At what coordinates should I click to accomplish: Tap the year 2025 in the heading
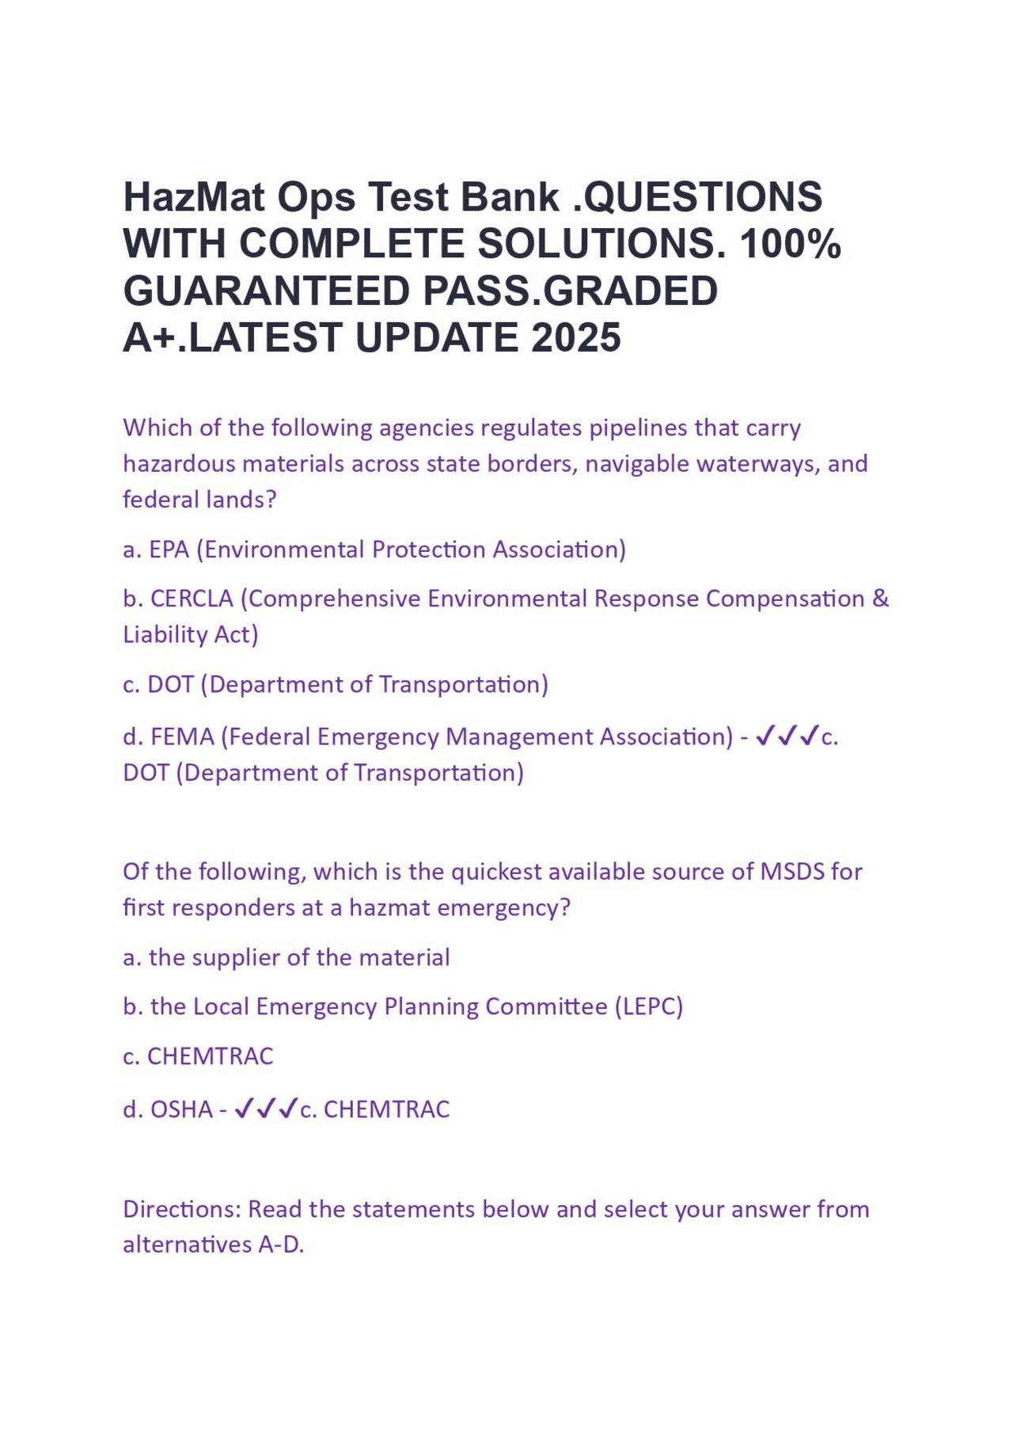pos(576,338)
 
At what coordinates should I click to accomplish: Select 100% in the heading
pos(791,244)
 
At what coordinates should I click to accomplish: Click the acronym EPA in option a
pos(169,550)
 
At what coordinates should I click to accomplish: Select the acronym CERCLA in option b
pos(192,599)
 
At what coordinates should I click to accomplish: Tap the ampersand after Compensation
pos(880,599)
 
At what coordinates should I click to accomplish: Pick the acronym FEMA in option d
pos(182,737)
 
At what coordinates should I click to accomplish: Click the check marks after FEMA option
pos(787,737)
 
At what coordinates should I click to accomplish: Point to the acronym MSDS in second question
pos(791,872)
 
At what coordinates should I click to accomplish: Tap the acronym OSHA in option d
pos(181,1109)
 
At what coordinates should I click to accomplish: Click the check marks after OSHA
pos(267,1109)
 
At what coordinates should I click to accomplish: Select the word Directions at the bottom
pos(181,1209)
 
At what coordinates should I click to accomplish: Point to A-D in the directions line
pos(281,1245)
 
